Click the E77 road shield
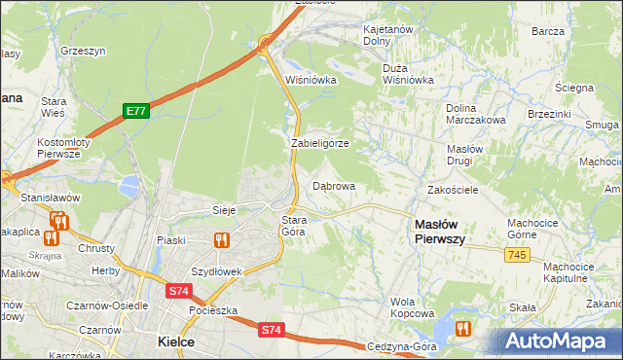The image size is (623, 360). tap(135, 112)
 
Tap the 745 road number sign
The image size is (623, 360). tap(517, 254)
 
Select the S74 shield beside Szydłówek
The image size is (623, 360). tap(178, 290)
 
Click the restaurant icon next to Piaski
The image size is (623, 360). tap(221, 239)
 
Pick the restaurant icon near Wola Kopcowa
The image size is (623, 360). tap(463, 329)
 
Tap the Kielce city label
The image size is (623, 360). tap(176, 342)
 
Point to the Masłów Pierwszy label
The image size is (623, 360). tap(439, 231)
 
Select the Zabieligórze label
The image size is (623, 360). tap(320, 143)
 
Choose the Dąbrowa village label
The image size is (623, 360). tap(333, 185)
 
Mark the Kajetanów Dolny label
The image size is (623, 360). tap(389, 36)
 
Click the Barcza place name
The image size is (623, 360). tap(548, 31)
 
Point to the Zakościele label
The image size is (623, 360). tap(453, 190)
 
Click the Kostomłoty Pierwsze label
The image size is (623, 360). tap(63, 148)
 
